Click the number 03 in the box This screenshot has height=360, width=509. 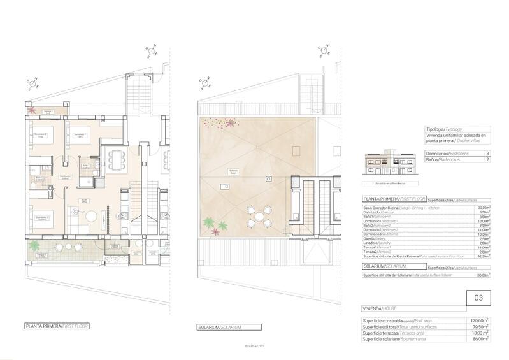[478, 296]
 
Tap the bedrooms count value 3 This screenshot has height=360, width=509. [487, 154]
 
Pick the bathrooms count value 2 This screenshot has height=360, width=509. [487, 160]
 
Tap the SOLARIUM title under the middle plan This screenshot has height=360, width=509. [219, 328]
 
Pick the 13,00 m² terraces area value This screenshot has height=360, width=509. [478, 333]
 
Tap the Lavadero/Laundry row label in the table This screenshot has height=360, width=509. [376, 242]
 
